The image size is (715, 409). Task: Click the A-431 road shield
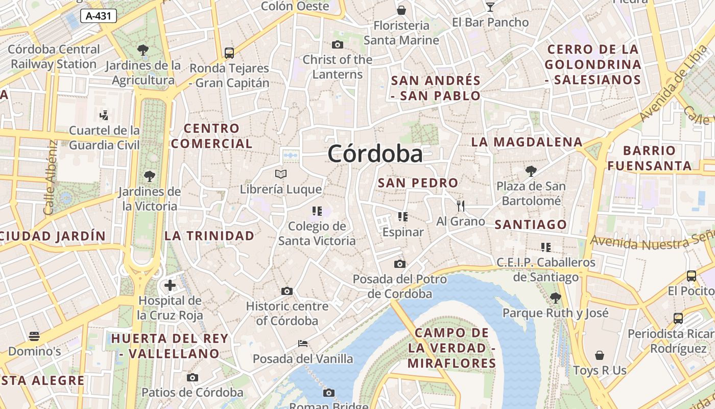pyautogui.click(x=99, y=16)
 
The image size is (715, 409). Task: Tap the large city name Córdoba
pyautogui.click(x=375, y=154)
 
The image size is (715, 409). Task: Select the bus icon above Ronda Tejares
pyautogui.click(x=229, y=53)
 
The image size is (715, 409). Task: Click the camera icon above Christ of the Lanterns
pyautogui.click(x=337, y=44)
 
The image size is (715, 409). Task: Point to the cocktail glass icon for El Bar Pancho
pyautogui.click(x=490, y=7)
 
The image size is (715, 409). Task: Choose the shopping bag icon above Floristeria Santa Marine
pyautogui.click(x=401, y=10)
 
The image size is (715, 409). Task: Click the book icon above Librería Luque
pyautogui.click(x=281, y=174)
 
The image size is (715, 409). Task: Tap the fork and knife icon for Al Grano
pyautogui.click(x=461, y=206)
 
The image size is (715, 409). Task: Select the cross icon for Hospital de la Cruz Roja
pyautogui.click(x=170, y=285)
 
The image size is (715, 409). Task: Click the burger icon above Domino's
pyautogui.click(x=34, y=336)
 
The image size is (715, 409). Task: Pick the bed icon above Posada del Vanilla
pyautogui.click(x=303, y=343)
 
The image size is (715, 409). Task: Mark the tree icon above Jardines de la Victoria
pyautogui.click(x=150, y=176)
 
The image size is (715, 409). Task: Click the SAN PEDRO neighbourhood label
pyautogui.click(x=418, y=183)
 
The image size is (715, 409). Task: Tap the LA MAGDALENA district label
pyautogui.click(x=527, y=142)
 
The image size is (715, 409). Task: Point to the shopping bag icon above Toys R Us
pyautogui.click(x=600, y=355)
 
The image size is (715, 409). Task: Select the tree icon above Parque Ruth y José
pyautogui.click(x=556, y=297)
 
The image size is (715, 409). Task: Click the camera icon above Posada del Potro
pyautogui.click(x=400, y=264)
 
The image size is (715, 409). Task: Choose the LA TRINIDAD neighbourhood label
pyautogui.click(x=209, y=236)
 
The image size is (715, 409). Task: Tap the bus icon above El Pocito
pyautogui.click(x=692, y=276)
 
